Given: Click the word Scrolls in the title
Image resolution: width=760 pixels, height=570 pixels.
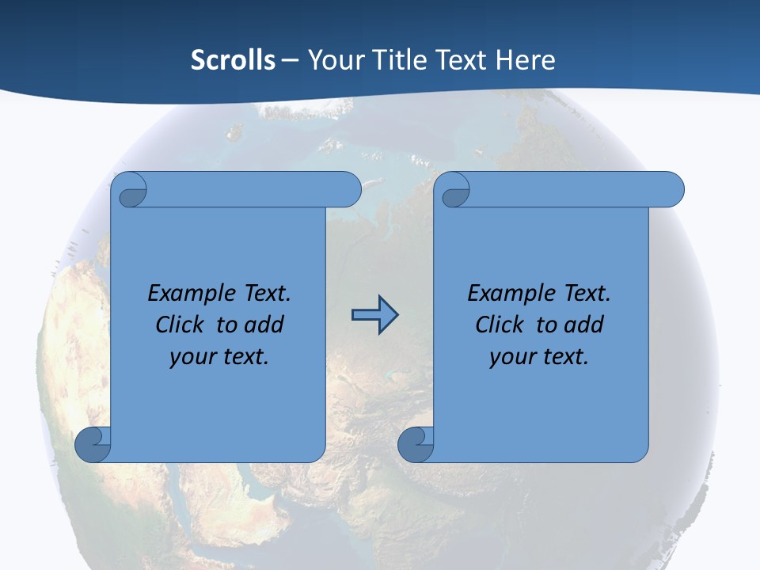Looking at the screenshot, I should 233,60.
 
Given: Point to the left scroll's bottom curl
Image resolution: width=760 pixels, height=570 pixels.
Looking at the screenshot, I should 93,444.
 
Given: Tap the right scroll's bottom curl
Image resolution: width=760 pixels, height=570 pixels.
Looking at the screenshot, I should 416,444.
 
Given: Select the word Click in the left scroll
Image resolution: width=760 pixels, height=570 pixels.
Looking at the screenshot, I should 179,325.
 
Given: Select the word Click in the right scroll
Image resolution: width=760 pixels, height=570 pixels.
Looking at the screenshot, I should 499,325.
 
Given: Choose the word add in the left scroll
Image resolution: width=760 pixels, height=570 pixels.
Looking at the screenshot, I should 264,325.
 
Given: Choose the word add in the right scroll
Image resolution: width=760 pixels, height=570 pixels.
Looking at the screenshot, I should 584,325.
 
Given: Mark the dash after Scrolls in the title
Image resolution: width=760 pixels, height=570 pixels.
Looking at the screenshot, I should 291,60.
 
